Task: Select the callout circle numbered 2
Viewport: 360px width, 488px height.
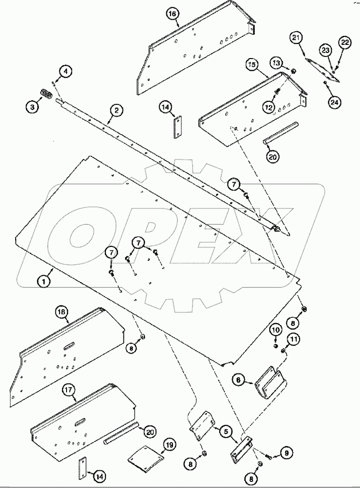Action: pyautogui.click(x=116, y=110)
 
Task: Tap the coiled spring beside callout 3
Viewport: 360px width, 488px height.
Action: pyautogui.click(x=47, y=94)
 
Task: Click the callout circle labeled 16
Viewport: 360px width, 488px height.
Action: pyautogui.click(x=173, y=15)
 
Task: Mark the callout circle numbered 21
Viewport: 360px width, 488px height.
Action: pyautogui.click(x=296, y=39)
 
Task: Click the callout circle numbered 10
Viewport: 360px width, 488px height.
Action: pyautogui.click(x=275, y=332)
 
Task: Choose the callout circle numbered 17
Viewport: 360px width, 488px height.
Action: pyautogui.click(x=69, y=390)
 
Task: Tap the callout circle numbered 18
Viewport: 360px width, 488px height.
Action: pyautogui.click(x=62, y=313)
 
